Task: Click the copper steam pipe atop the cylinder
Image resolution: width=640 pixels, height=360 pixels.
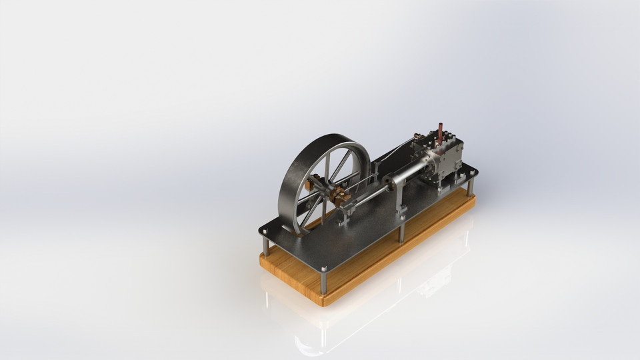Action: click(440, 132)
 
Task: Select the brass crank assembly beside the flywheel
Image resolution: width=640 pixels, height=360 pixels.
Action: click(339, 195)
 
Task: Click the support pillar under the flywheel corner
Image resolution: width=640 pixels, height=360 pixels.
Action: click(265, 245)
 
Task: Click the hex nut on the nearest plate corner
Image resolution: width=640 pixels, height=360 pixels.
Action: click(324, 269)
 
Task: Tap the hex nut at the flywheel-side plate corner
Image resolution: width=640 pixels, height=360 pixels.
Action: click(265, 232)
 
